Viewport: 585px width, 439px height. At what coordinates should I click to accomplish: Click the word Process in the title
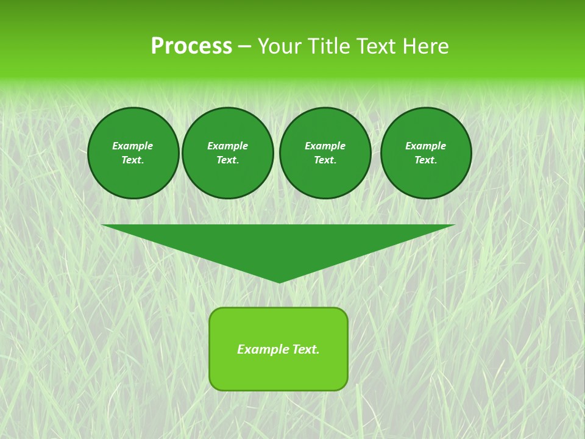[x=191, y=46]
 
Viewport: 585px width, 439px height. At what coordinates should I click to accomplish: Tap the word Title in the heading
[x=327, y=46]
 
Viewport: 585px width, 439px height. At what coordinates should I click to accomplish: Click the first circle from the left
[x=133, y=153]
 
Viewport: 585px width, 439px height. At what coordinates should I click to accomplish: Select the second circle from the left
[x=228, y=153]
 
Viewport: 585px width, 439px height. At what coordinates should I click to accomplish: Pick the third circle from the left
[x=325, y=153]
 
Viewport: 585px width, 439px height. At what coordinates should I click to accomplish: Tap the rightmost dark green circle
[x=426, y=153]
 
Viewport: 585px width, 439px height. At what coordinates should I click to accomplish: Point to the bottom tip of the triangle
[x=279, y=281]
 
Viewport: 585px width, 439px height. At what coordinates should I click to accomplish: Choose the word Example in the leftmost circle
[x=133, y=146]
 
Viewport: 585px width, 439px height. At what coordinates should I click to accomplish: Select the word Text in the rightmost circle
[x=425, y=160]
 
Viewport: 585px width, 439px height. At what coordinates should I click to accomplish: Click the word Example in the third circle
[x=325, y=146]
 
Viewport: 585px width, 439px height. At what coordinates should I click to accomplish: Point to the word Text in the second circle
[x=227, y=160]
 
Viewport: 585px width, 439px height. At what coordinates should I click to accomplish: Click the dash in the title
[x=244, y=46]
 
